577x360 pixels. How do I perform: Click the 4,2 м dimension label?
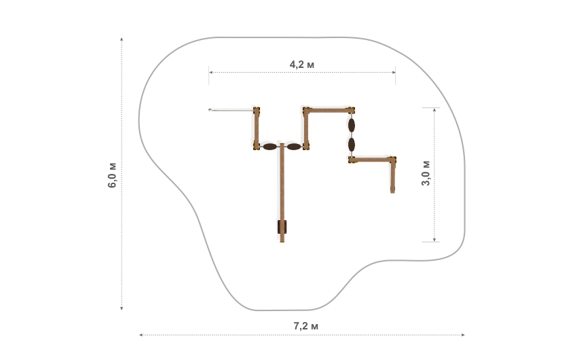pos(302,65)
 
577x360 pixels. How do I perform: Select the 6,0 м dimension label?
pos(112,175)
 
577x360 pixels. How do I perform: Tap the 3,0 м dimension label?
pos(426,173)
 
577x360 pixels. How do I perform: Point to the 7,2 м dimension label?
pos(305,326)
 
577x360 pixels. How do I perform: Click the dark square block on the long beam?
pos(282,227)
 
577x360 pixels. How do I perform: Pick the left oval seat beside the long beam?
pos(269,147)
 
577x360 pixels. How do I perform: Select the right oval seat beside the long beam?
pos(294,147)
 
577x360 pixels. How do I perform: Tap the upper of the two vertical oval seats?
pos(352,125)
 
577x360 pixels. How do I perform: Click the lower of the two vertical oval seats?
pos(352,145)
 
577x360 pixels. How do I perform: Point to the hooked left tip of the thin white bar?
pos(210,109)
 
